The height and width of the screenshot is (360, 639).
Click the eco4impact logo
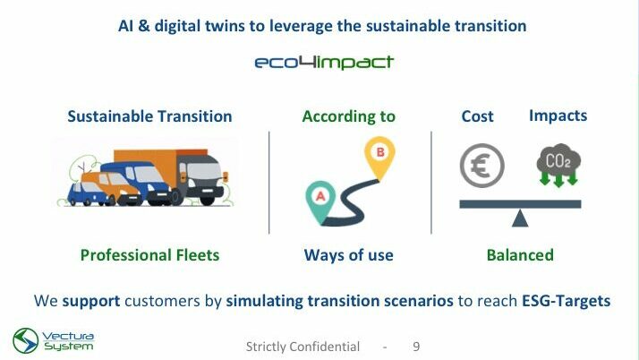(x=324, y=63)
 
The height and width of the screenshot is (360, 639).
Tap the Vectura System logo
(x=54, y=340)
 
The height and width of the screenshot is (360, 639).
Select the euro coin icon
(x=482, y=166)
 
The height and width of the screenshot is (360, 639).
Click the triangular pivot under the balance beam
(x=520, y=219)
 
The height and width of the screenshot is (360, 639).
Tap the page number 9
(x=416, y=347)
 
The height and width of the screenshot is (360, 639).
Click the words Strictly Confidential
(x=302, y=347)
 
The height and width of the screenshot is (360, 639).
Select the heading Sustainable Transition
(x=149, y=116)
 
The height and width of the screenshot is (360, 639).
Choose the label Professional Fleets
(x=149, y=255)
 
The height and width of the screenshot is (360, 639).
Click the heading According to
(x=348, y=116)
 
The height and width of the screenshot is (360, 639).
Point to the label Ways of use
(x=348, y=255)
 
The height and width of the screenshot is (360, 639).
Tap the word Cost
(x=477, y=116)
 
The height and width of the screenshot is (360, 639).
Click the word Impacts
(x=558, y=116)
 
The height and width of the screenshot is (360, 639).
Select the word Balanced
(x=520, y=255)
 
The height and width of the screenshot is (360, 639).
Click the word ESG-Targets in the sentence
(x=566, y=301)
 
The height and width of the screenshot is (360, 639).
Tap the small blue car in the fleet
(x=87, y=193)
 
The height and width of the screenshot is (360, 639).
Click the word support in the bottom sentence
(x=91, y=301)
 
